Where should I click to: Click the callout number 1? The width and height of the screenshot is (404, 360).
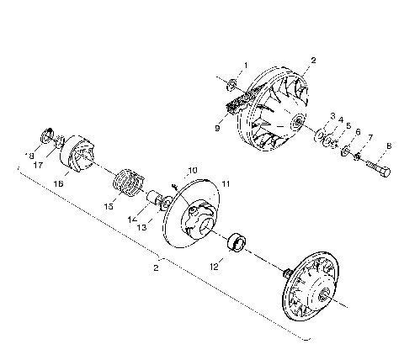246,64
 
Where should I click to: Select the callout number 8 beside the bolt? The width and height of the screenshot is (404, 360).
388,146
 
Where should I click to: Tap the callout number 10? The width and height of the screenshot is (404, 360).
193,170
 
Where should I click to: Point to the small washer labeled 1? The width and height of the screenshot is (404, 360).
232,82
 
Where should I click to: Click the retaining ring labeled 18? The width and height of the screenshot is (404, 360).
45,135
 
